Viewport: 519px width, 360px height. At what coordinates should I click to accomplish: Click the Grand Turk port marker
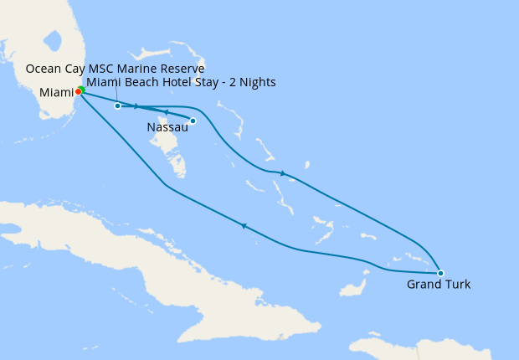click(x=440, y=273)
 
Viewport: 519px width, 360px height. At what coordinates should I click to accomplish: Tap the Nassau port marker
click(x=193, y=121)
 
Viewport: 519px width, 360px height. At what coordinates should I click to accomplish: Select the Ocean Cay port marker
click(x=117, y=106)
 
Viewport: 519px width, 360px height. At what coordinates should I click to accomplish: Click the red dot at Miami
click(x=78, y=91)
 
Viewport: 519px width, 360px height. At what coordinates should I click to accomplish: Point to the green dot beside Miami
click(x=82, y=90)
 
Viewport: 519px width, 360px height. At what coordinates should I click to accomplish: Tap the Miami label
click(x=55, y=92)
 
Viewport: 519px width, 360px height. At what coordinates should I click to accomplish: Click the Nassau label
click(x=167, y=127)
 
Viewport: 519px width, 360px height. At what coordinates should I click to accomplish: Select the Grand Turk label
click(x=439, y=285)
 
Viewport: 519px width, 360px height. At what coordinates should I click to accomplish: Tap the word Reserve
click(x=182, y=69)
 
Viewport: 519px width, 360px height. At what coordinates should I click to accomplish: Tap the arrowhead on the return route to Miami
click(x=244, y=225)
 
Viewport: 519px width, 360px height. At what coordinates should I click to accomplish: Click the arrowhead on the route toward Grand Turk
click(x=283, y=173)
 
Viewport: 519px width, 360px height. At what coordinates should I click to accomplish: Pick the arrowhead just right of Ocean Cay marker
click(x=136, y=106)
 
